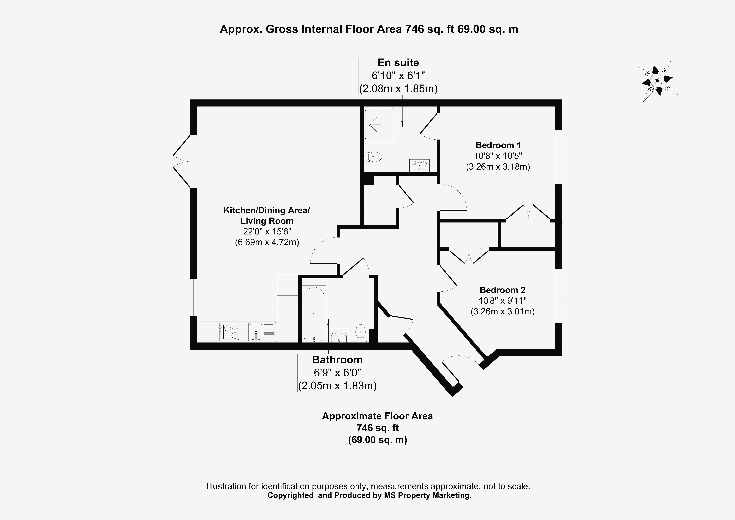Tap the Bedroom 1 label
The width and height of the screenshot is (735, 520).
point(498,145)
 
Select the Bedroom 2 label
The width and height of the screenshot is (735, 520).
point(502,290)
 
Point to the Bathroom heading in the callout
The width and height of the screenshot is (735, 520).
point(337,360)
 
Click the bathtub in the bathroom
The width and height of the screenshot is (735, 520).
point(314,314)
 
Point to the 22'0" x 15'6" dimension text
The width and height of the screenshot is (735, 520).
point(267,232)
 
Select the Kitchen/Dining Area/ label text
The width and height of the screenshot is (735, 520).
point(266,210)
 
